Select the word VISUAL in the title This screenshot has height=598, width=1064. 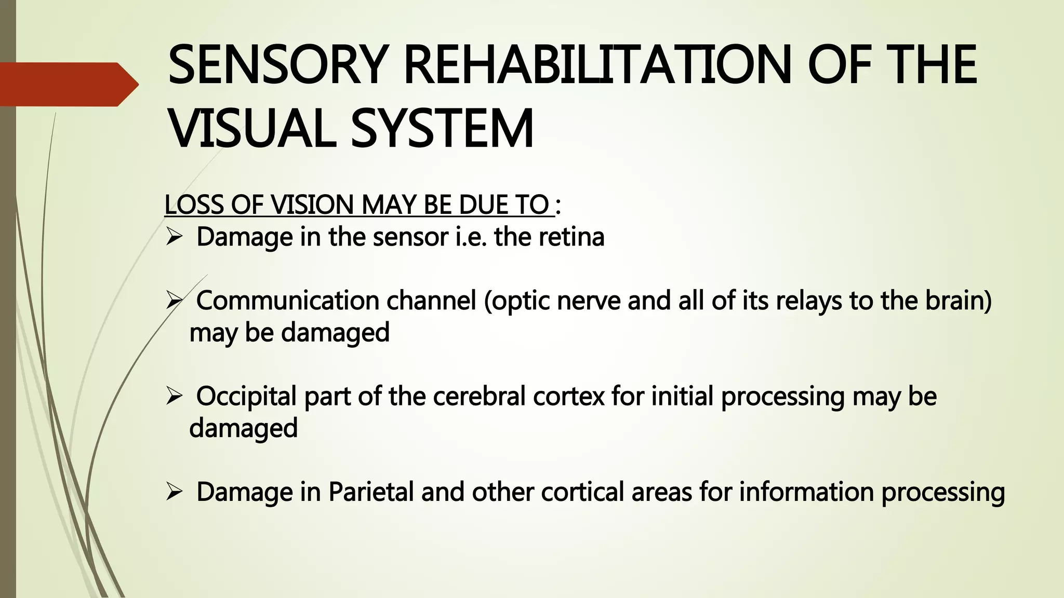coord(252,128)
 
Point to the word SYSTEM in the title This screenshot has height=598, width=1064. coord(442,128)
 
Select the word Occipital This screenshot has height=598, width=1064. coord(246,397)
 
